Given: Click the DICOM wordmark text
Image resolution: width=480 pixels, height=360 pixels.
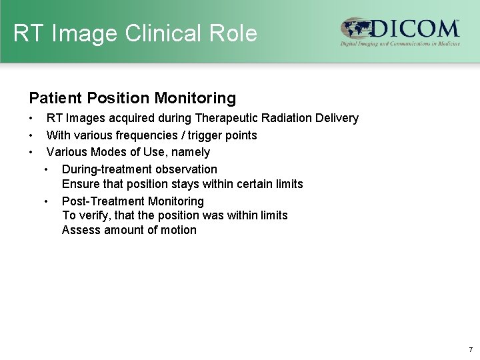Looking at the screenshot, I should coord(413,29).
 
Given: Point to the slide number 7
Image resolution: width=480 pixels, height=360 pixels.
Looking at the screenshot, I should coord(470,349).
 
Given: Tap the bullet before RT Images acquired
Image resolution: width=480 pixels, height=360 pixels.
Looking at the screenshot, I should coord(31,119).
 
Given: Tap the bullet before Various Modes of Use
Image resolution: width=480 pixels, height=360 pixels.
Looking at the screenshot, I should coord(31,153).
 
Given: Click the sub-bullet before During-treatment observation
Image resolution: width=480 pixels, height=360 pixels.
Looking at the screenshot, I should coord(46,169).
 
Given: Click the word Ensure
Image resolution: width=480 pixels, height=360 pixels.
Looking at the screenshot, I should coord(79,183).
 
